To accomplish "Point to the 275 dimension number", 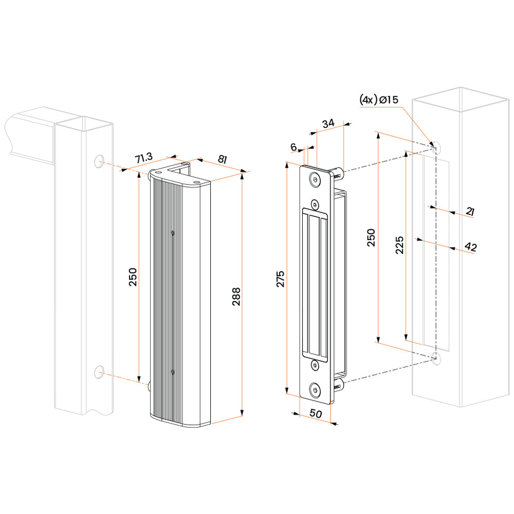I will (281, 278).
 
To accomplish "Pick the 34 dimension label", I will (328, 123).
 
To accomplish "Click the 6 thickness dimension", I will (293, 148).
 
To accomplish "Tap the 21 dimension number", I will (470, 211).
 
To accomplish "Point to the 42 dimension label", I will (470, 247).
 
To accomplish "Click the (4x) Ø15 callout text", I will (378, 100).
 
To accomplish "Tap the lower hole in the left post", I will (99, 371).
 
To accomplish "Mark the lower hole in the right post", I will (436, 358).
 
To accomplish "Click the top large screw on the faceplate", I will (314, 179).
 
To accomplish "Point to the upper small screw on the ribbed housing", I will (173, 233).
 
